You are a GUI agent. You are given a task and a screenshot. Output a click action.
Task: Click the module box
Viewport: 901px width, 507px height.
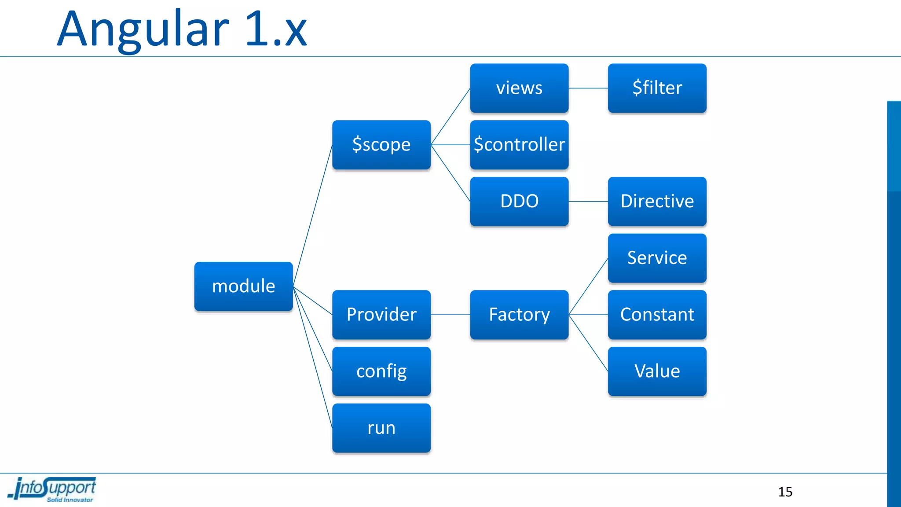point(243,286)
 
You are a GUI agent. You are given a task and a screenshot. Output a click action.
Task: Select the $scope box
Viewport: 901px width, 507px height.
point(381,144)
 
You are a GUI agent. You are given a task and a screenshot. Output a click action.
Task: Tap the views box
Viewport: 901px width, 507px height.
point(519,88)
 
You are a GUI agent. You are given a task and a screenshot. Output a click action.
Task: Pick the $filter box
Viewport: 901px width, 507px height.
point(657,88)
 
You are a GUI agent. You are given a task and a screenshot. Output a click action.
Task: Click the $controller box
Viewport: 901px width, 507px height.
point(519,144)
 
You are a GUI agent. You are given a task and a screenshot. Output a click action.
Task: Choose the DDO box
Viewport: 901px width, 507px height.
point(519,201)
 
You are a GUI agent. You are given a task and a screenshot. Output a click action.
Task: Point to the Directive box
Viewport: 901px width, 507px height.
point(657,201)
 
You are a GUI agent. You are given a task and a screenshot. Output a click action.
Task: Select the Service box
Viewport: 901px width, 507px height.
point(657,258)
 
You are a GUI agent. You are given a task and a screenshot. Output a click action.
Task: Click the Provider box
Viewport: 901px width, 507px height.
point(381,314)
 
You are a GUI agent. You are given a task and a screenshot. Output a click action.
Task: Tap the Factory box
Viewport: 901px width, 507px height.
point(519,314)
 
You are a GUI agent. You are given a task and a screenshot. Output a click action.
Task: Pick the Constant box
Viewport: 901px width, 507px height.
point(657,314)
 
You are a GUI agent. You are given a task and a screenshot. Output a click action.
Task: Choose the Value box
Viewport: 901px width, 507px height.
point(657,371)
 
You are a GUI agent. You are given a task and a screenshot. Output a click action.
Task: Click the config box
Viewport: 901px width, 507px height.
point(381,371)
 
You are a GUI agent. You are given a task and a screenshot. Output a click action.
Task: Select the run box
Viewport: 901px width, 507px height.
point(381,428)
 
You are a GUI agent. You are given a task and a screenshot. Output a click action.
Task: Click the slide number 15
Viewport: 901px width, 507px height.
point(785,492)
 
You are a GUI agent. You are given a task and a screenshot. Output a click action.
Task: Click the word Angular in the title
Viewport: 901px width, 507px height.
point(143,30)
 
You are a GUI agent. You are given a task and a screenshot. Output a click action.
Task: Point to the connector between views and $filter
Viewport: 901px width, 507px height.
point(588,88)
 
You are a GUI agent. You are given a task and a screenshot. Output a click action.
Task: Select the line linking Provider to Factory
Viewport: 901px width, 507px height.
point(450,315)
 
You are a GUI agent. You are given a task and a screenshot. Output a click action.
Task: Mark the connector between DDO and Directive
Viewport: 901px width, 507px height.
point(588,202)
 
